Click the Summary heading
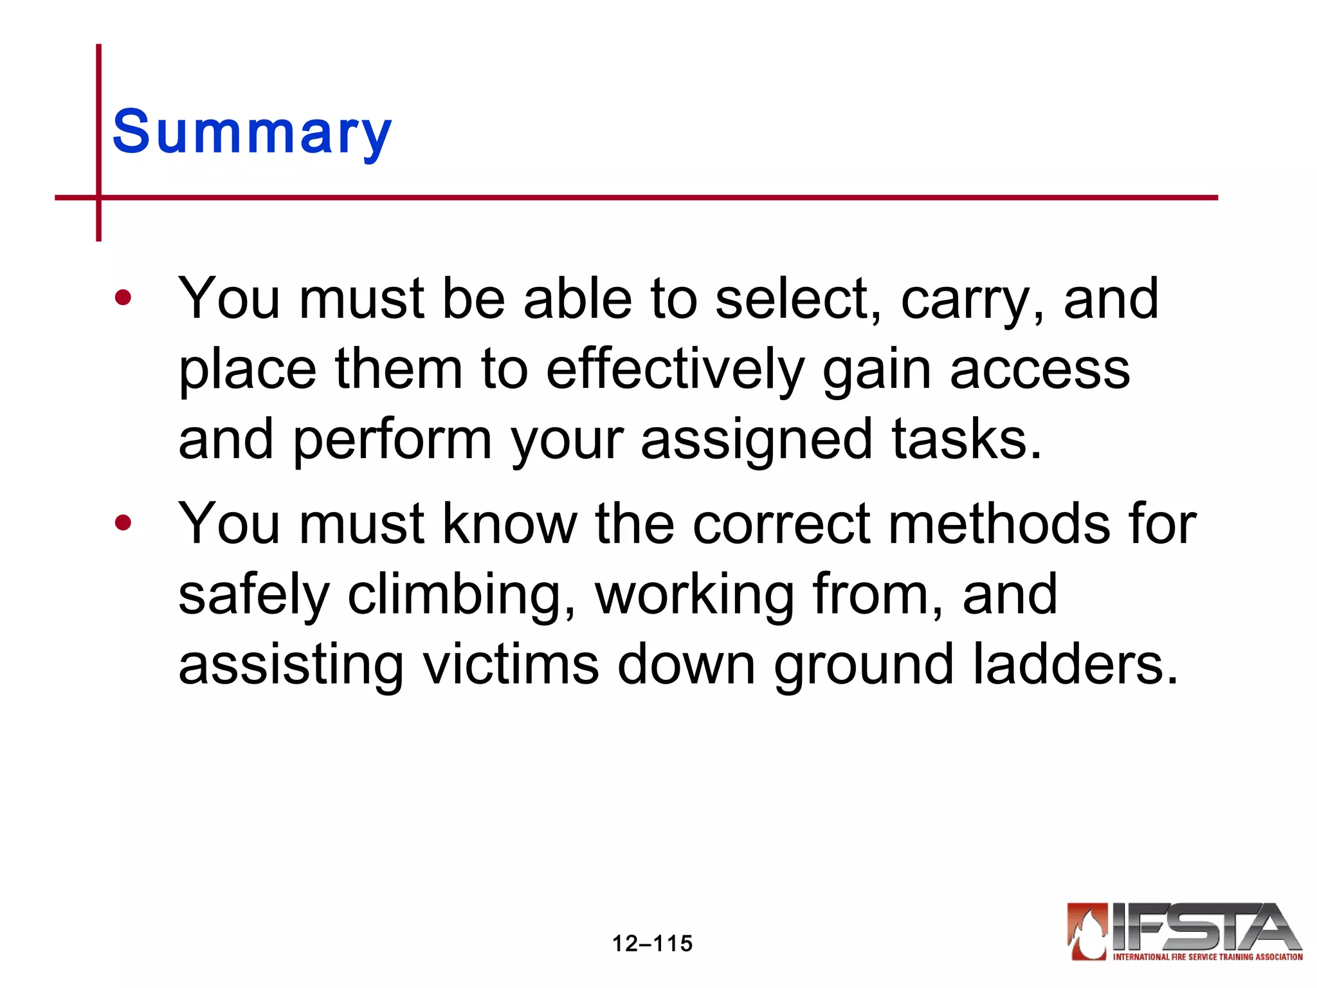(251, 132)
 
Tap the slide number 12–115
(652, 944)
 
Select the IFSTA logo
(1185, 931)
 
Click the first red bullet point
(123, 298)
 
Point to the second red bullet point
(123, 522)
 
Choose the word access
(1040, 370)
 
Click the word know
(510, 524)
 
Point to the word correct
(781, 525)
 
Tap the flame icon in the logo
(1087, 931)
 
